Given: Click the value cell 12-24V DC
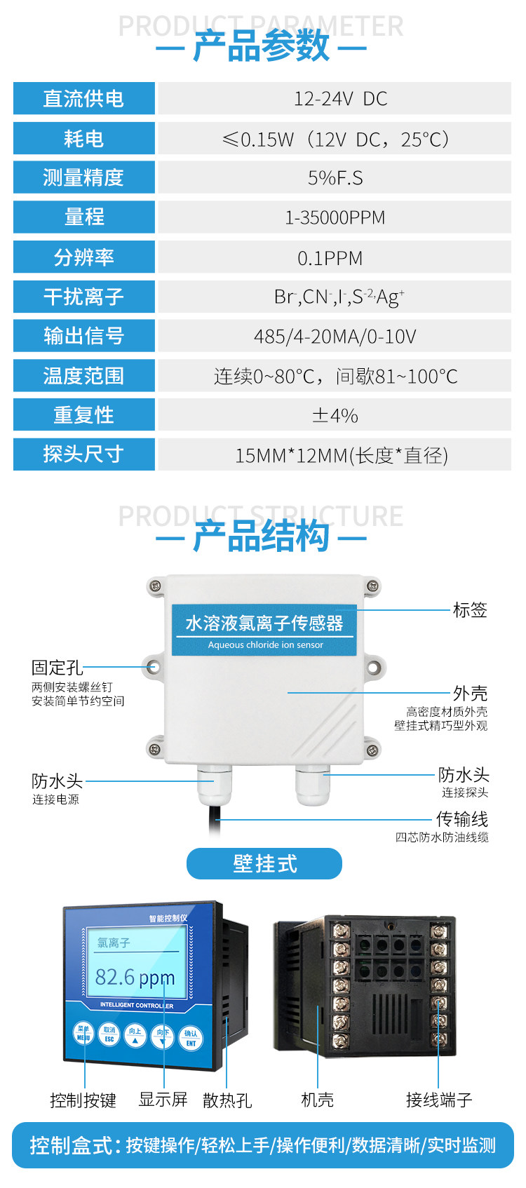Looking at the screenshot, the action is (x=335, y=99).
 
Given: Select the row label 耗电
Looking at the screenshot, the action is (x=83, y=139).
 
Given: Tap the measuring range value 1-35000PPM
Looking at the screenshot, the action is (x=335, y=217).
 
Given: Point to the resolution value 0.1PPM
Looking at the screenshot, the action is (x=330, y=258).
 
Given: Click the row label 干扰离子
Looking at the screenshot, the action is (x=83, y=297).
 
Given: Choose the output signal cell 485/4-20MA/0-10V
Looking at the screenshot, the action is (x=335, y=337).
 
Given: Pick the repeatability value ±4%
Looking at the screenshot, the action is (x=335, y=416).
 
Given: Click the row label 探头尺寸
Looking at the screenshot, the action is (x=83, y=454).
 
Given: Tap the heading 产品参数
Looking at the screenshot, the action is (x=261, y=47).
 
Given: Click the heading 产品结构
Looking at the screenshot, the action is (x=261, y=537).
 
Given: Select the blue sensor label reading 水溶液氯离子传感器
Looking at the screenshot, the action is (x=264, y=623).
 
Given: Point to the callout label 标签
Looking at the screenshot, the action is (x=470, y=610).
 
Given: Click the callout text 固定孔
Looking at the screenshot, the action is (x=57, y=668).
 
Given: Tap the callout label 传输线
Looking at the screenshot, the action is (x=461, y=819).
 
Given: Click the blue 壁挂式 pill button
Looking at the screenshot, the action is (x=264, y=864).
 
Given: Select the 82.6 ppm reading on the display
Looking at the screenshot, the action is (x=135, y=977).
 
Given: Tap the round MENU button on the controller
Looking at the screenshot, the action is (x=83, y=1034).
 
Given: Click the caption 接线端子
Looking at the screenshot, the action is (x=439, y=1100).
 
